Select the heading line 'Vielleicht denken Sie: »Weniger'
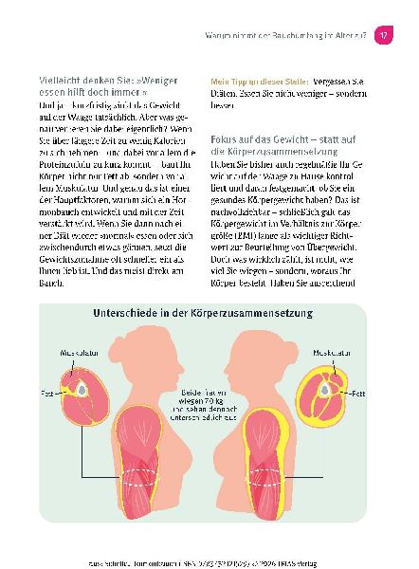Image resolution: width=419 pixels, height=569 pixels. [103, 82]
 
